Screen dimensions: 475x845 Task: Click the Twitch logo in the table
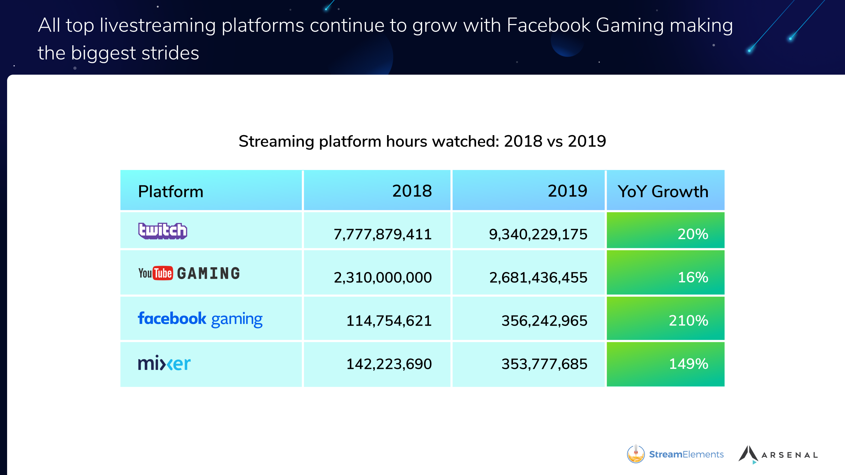coord(163,231)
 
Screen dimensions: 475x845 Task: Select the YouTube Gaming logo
coord(189,273)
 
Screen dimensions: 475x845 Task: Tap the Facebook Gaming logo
coord(200,319)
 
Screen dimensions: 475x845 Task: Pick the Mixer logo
coord(164,364)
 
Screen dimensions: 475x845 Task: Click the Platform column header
coord(171,192)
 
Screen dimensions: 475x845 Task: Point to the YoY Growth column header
coord(663,192)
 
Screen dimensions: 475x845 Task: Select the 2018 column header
coord(412,191)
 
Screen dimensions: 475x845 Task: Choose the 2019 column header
coord(567,191)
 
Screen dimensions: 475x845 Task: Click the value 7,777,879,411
coord(383,234)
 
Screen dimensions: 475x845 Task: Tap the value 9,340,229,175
coord(538,234)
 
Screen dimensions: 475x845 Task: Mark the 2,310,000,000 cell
coord(383,278)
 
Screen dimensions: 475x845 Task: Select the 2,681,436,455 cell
coord(538,278)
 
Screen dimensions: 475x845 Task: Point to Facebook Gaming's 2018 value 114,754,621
coord(389,321)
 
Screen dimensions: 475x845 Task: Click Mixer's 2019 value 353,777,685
coord(544,364)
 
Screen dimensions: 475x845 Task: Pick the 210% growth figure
coord(689,321)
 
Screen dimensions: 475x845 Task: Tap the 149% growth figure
coord(689,364)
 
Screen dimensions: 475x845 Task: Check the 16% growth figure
coord(693,277)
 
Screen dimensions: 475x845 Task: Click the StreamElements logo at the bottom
coord(675,454)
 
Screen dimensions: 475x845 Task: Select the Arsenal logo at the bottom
coord(778,455)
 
